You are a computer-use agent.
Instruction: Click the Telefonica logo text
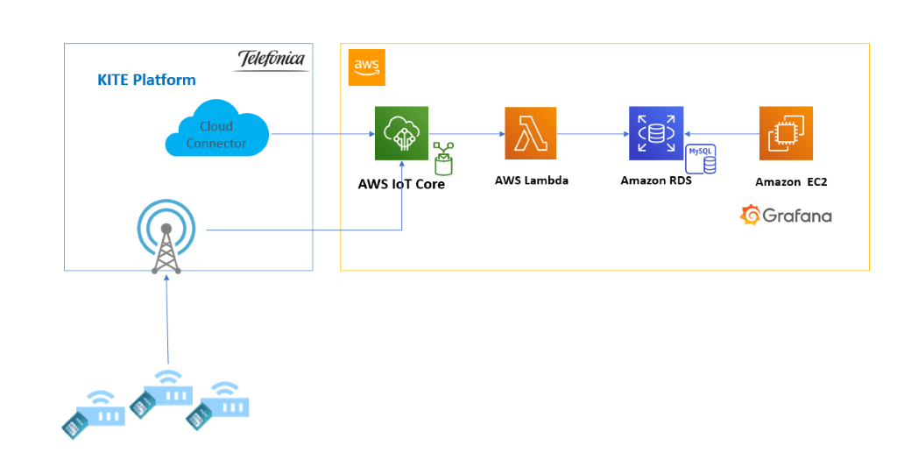(x=272, y=59)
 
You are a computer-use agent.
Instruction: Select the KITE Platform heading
(x=146, y=81)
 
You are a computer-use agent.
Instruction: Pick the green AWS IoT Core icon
(x=401, y=133)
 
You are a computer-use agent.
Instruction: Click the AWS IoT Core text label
(x=401, y=184)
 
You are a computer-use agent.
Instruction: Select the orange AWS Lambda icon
(x=530, y=133)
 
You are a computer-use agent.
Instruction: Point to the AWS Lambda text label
(x=532, y=180)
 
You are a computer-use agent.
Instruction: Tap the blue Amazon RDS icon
(x=655, y=133)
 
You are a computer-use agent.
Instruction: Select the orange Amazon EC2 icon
(x=786, y=133)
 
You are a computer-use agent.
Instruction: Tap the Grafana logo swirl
(x=750, y=215)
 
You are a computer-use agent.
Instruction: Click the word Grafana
(x=797, y=216)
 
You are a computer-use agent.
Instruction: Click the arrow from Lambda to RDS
(x=592, y=134)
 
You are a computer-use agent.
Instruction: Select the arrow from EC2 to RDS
(x=721, y=134)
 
